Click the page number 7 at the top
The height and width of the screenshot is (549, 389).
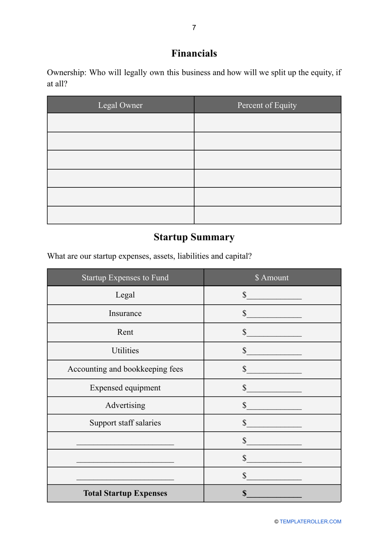pyautogui.click(x=194, y=27)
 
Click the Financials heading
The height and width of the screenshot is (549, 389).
pyautogui.click(x=194, y=54)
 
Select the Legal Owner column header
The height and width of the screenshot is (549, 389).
pyautogui.click(x=120, y=105)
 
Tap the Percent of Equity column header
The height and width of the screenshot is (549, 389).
pyautogui.click(x=267, y=105)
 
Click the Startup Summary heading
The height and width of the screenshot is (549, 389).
pyautogui.click(x=194, y=237)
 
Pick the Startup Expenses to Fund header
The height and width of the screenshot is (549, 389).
pyautogui.click(x=125, y=278)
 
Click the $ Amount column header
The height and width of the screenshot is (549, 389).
pyautogui.click(x=272, y=278)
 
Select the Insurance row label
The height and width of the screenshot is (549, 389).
pyautogui.click(x=125, y=313)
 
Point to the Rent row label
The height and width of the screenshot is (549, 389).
pyautogui.click(x=125, y=332)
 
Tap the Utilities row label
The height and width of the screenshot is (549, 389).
pyautogui.click(x=125, y=351)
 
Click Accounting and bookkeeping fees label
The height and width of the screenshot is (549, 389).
pyautogui.click(x=125, y=369)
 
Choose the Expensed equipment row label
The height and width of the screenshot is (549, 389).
pyautogui.click(x=125, y=388)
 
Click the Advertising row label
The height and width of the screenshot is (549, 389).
pyautogui.click(x=125, y=405)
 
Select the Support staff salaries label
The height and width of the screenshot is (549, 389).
pyautogui.click(x=125, y=423)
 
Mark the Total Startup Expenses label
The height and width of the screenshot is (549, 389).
pyautogui.click(x=125, y=493)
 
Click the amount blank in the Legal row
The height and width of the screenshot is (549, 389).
pyautogui.click(x=274, y=296)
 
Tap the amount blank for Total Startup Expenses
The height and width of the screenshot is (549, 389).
pyautogui.click(x=274, y=494)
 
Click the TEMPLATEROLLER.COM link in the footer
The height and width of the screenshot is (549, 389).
pyautogui.click(x=310, y=522)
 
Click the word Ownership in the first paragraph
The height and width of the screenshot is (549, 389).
pyautogui.click(x=66, y=73)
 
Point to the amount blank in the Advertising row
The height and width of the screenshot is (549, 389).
pyautogui.click(x=274, y=407)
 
